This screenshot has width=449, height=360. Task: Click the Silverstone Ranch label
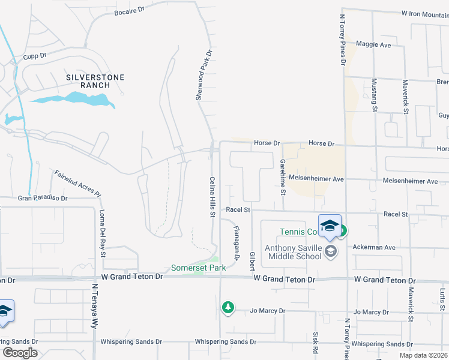click(88, 81)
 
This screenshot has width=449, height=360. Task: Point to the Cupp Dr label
click(35, 56)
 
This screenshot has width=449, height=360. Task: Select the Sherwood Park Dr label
click(204, 75)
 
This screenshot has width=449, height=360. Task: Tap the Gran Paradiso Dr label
click(43, 197)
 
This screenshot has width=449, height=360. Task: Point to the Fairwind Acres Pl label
click(77, 183)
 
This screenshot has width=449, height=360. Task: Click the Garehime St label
click(282, 177)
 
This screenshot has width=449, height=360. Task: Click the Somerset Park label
click(198, 268)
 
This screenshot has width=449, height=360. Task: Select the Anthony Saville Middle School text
click(295, 252)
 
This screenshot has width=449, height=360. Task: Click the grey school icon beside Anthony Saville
click(330, 252)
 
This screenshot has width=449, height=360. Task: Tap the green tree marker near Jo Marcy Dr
click(228, 307)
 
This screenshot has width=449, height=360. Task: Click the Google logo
click(20, 352)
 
